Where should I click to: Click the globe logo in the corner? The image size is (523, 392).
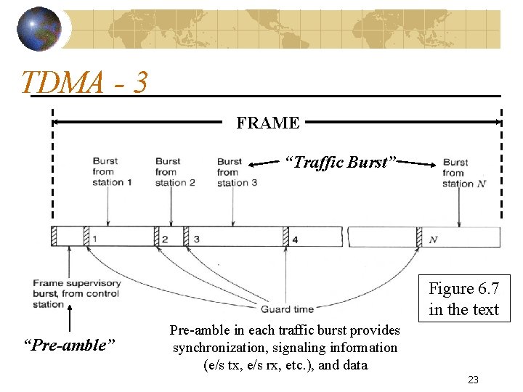(x=38, y=28)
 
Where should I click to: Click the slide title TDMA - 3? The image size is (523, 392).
(x=85, y=82)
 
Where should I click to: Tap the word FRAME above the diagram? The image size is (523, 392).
(x=267, y=123)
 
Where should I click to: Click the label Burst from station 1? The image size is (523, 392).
(x=112, y=171)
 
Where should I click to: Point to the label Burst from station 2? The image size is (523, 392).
(x=174, y=172)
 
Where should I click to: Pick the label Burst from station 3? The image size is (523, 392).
(x=237, y=172)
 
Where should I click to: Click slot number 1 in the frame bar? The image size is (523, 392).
(x=95, y=239)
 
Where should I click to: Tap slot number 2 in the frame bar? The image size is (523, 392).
(x=165, y=239)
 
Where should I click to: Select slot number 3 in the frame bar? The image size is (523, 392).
(x=196, y=239)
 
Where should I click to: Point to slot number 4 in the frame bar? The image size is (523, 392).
(x=295, y=239)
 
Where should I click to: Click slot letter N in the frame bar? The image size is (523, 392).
(x=433, y=239)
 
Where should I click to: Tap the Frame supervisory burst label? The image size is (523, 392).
(x=76, y=293)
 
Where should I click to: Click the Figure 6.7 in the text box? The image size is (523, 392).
(x=463, y=299)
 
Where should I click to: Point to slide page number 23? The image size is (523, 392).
(x=473, y=379)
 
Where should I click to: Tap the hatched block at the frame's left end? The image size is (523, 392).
(x=54, y=237)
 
